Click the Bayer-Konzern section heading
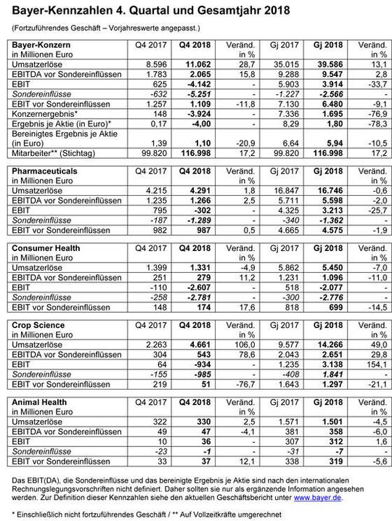tap(37, 44)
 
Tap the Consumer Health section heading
tap(46, 246)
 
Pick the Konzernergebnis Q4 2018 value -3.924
tap(184, 114)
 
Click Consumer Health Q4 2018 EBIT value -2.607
tap(184, 285)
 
